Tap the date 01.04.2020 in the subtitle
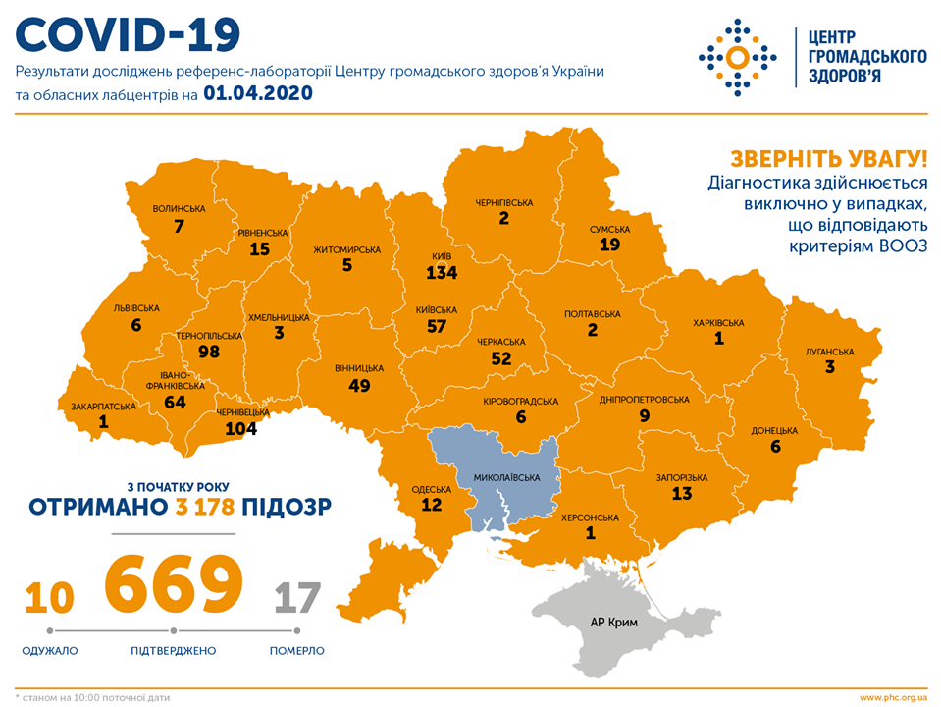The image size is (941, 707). tap(258, 94)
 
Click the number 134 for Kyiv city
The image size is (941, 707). tap(441, 273)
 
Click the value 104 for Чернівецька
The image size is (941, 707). tap(240, 428)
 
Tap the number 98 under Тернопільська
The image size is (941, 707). tap(209, 352)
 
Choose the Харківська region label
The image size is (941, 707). tap(718, 322)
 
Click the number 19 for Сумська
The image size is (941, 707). tap(609, 245)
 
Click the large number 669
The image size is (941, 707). tap(174, 583)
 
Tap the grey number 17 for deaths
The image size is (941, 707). tap(297, 597)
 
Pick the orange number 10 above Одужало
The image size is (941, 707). tap(49, 597)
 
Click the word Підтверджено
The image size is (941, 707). tap(173, 651)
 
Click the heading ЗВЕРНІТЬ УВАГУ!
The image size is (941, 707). tap(828, 159)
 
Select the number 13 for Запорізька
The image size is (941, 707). tap(681, 493)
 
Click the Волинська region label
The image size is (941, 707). tap(179, 209)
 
